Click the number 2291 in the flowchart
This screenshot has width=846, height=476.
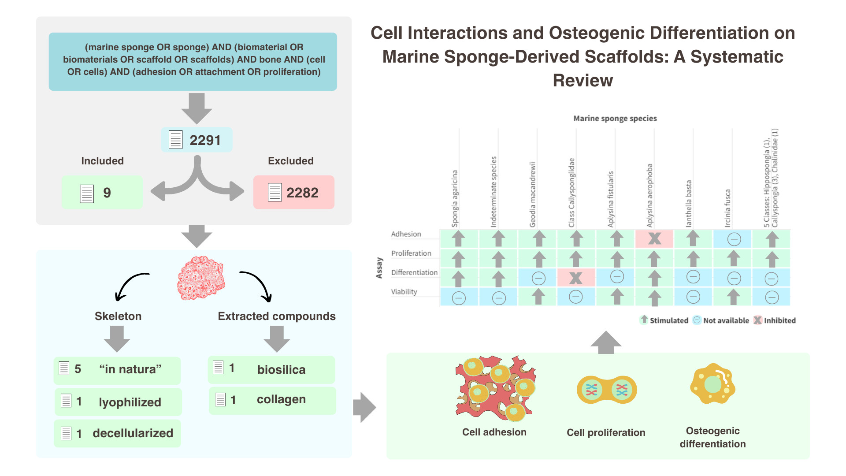pos(205,140)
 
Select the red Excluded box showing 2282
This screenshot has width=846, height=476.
pos(294,192)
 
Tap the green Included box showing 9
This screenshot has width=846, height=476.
pos(102,192)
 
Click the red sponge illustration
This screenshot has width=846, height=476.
pos(201,278)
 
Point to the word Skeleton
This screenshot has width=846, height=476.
pos(118,316)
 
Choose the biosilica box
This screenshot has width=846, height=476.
pos(271,369)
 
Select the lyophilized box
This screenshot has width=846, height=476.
pos(118,402)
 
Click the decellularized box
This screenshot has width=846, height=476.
pos(117,433)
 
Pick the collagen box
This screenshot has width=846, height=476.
pos(272,400)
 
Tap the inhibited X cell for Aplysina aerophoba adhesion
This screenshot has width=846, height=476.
pos(654,238)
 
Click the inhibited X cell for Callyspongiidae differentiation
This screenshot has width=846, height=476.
pos(576,278)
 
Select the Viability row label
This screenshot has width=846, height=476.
pos(404,292)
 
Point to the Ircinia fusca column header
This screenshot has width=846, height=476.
pos(728,208)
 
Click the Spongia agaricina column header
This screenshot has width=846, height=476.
pos(455,199)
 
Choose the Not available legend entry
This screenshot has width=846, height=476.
pos(721,320)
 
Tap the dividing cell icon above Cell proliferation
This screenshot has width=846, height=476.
pos(607,390)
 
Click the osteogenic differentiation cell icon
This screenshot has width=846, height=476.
pos(712,384)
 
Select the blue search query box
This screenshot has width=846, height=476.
pos(193,61)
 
